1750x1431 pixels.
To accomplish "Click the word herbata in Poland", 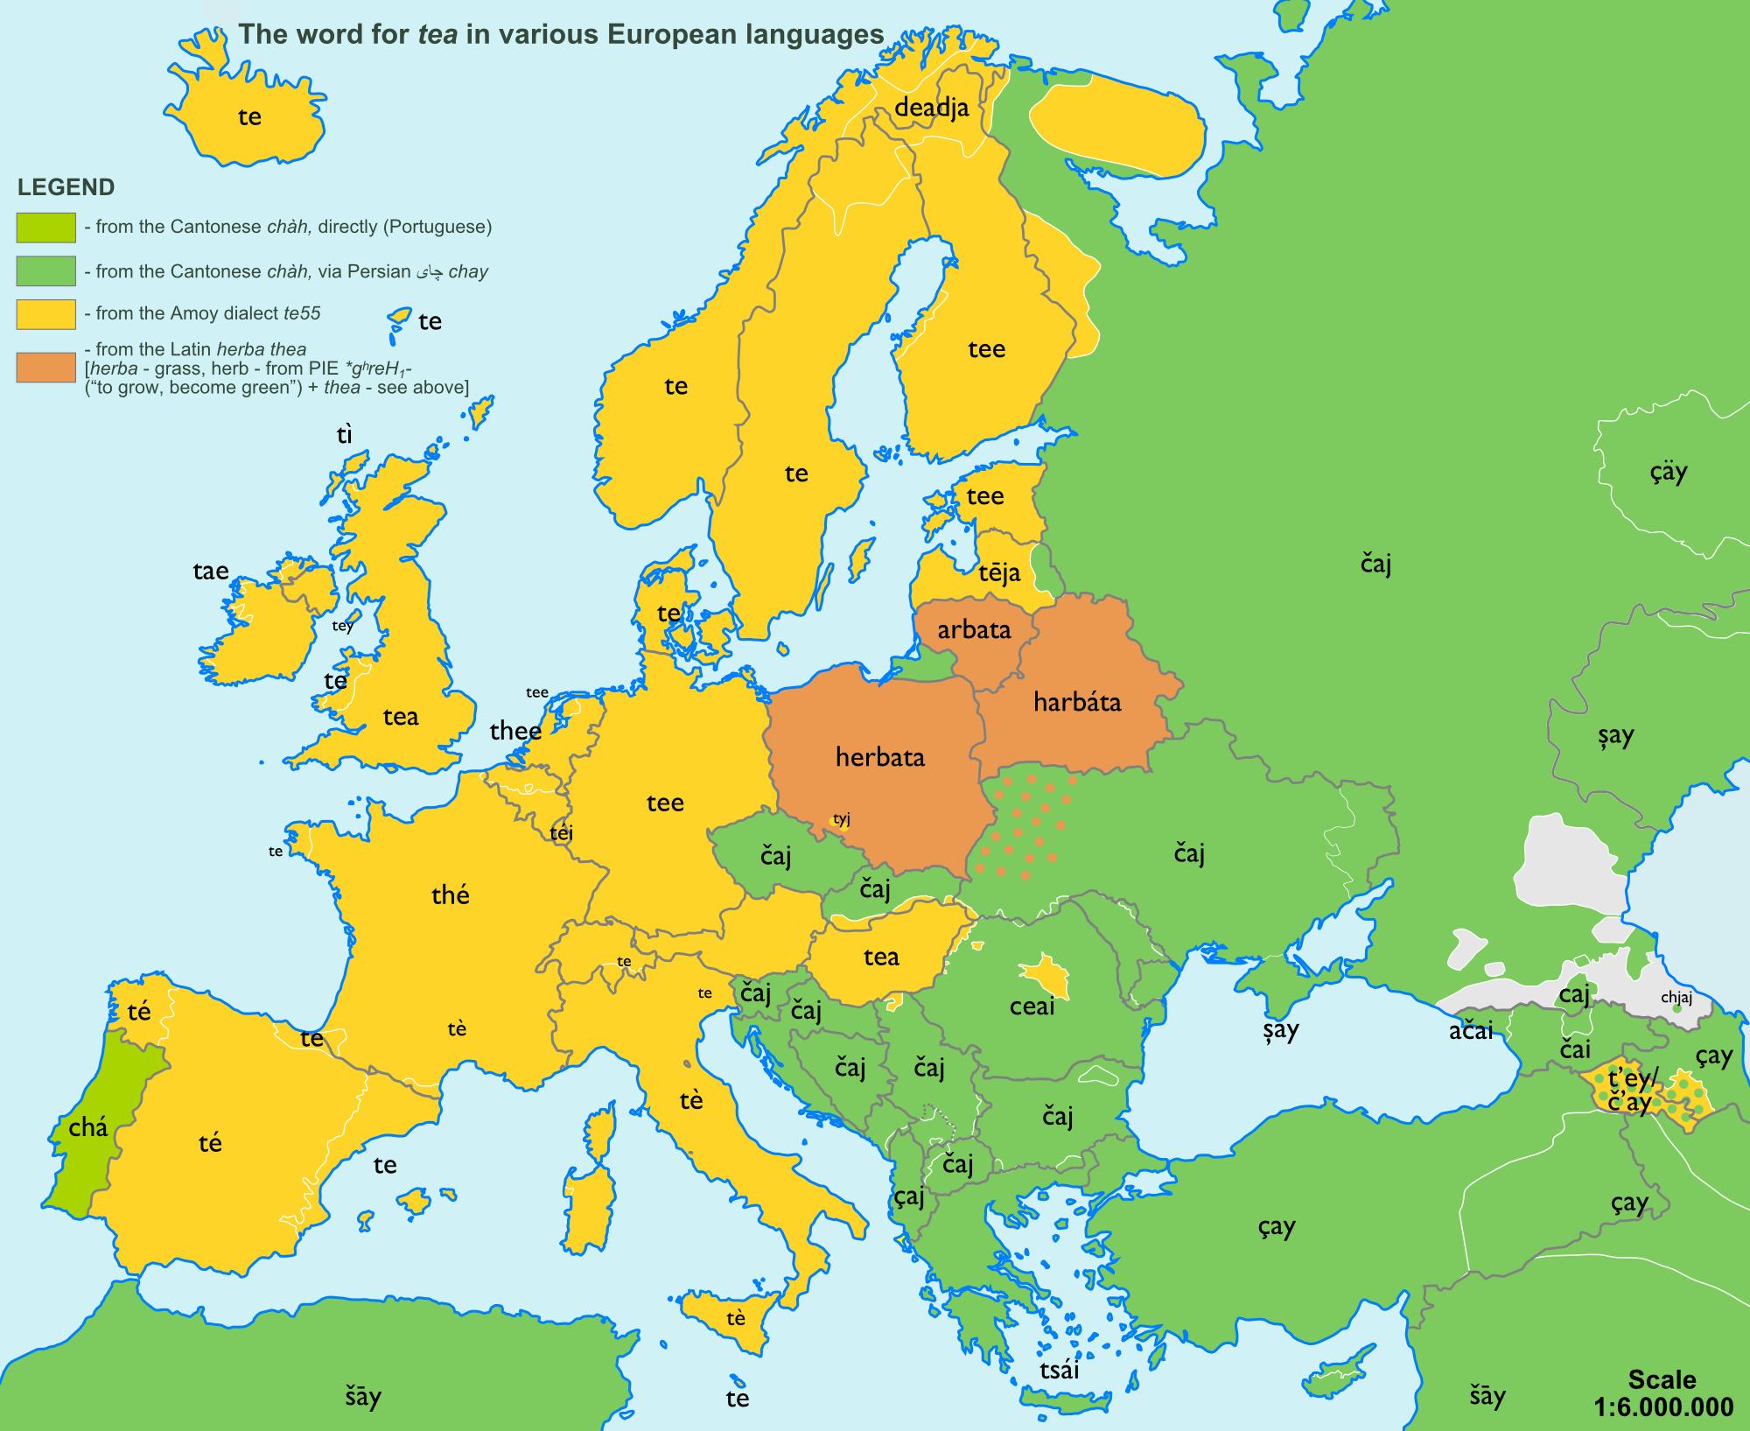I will coord(879,757).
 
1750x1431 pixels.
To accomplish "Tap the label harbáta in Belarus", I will coord(1076,702).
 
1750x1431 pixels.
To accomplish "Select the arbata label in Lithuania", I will coord(974,630).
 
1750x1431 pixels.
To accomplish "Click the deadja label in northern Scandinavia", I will coord(932,109).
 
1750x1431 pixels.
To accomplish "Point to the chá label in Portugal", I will coord(88,1127).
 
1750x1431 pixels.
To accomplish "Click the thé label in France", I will coord(451,894).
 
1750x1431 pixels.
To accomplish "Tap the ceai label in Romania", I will coord(1032,1007).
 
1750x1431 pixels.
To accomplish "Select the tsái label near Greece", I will coord(1059,1370).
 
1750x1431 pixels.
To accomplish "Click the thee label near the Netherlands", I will coord(515,731).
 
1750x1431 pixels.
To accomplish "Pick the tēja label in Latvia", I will coord(999,573).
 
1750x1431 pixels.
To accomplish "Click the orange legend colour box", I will coord(45,368).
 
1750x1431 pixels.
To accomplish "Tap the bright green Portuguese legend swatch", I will coord(45,228).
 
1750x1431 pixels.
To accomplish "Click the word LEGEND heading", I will coord(66,187).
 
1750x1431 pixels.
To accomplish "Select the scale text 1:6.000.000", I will coord(1662,1407).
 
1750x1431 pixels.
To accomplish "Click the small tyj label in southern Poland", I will coord(842,819).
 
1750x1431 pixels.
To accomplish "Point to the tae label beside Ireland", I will coord(210,572).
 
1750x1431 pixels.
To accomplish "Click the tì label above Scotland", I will coord(345,435).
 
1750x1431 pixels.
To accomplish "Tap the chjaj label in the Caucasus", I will coord(1676,998).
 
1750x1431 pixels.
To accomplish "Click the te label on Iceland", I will coord(249,117).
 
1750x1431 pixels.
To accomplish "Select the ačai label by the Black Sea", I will coord(1470,1032).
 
